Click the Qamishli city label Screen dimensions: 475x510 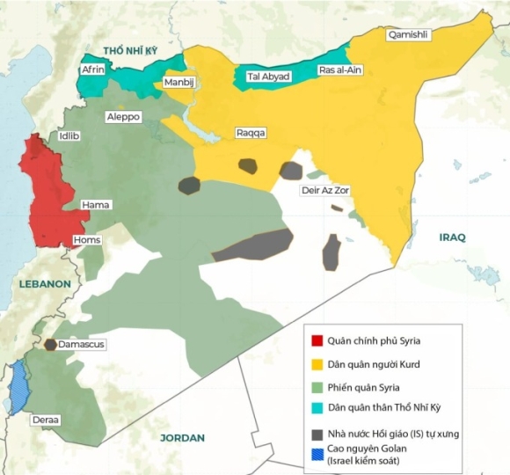(x=409, y=34)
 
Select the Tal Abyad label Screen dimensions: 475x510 (x=268, y=77)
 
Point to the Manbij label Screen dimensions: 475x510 (x=178, y=83)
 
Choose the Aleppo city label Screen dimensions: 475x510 (x=123, y=116)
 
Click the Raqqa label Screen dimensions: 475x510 (x=251, y=133)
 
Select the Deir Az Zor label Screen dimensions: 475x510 (x=324, y=189)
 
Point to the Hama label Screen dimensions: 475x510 (x=95, y=205)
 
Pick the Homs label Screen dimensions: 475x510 (x=87, y=240)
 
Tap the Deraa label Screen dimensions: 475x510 (x=46, y=420)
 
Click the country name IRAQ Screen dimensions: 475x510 (x=453, y=237)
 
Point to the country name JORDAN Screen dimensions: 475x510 (x=182, y=437)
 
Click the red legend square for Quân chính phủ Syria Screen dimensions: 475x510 (x=317, y=341)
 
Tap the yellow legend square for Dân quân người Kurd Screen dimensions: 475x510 (x=317, y=363)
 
